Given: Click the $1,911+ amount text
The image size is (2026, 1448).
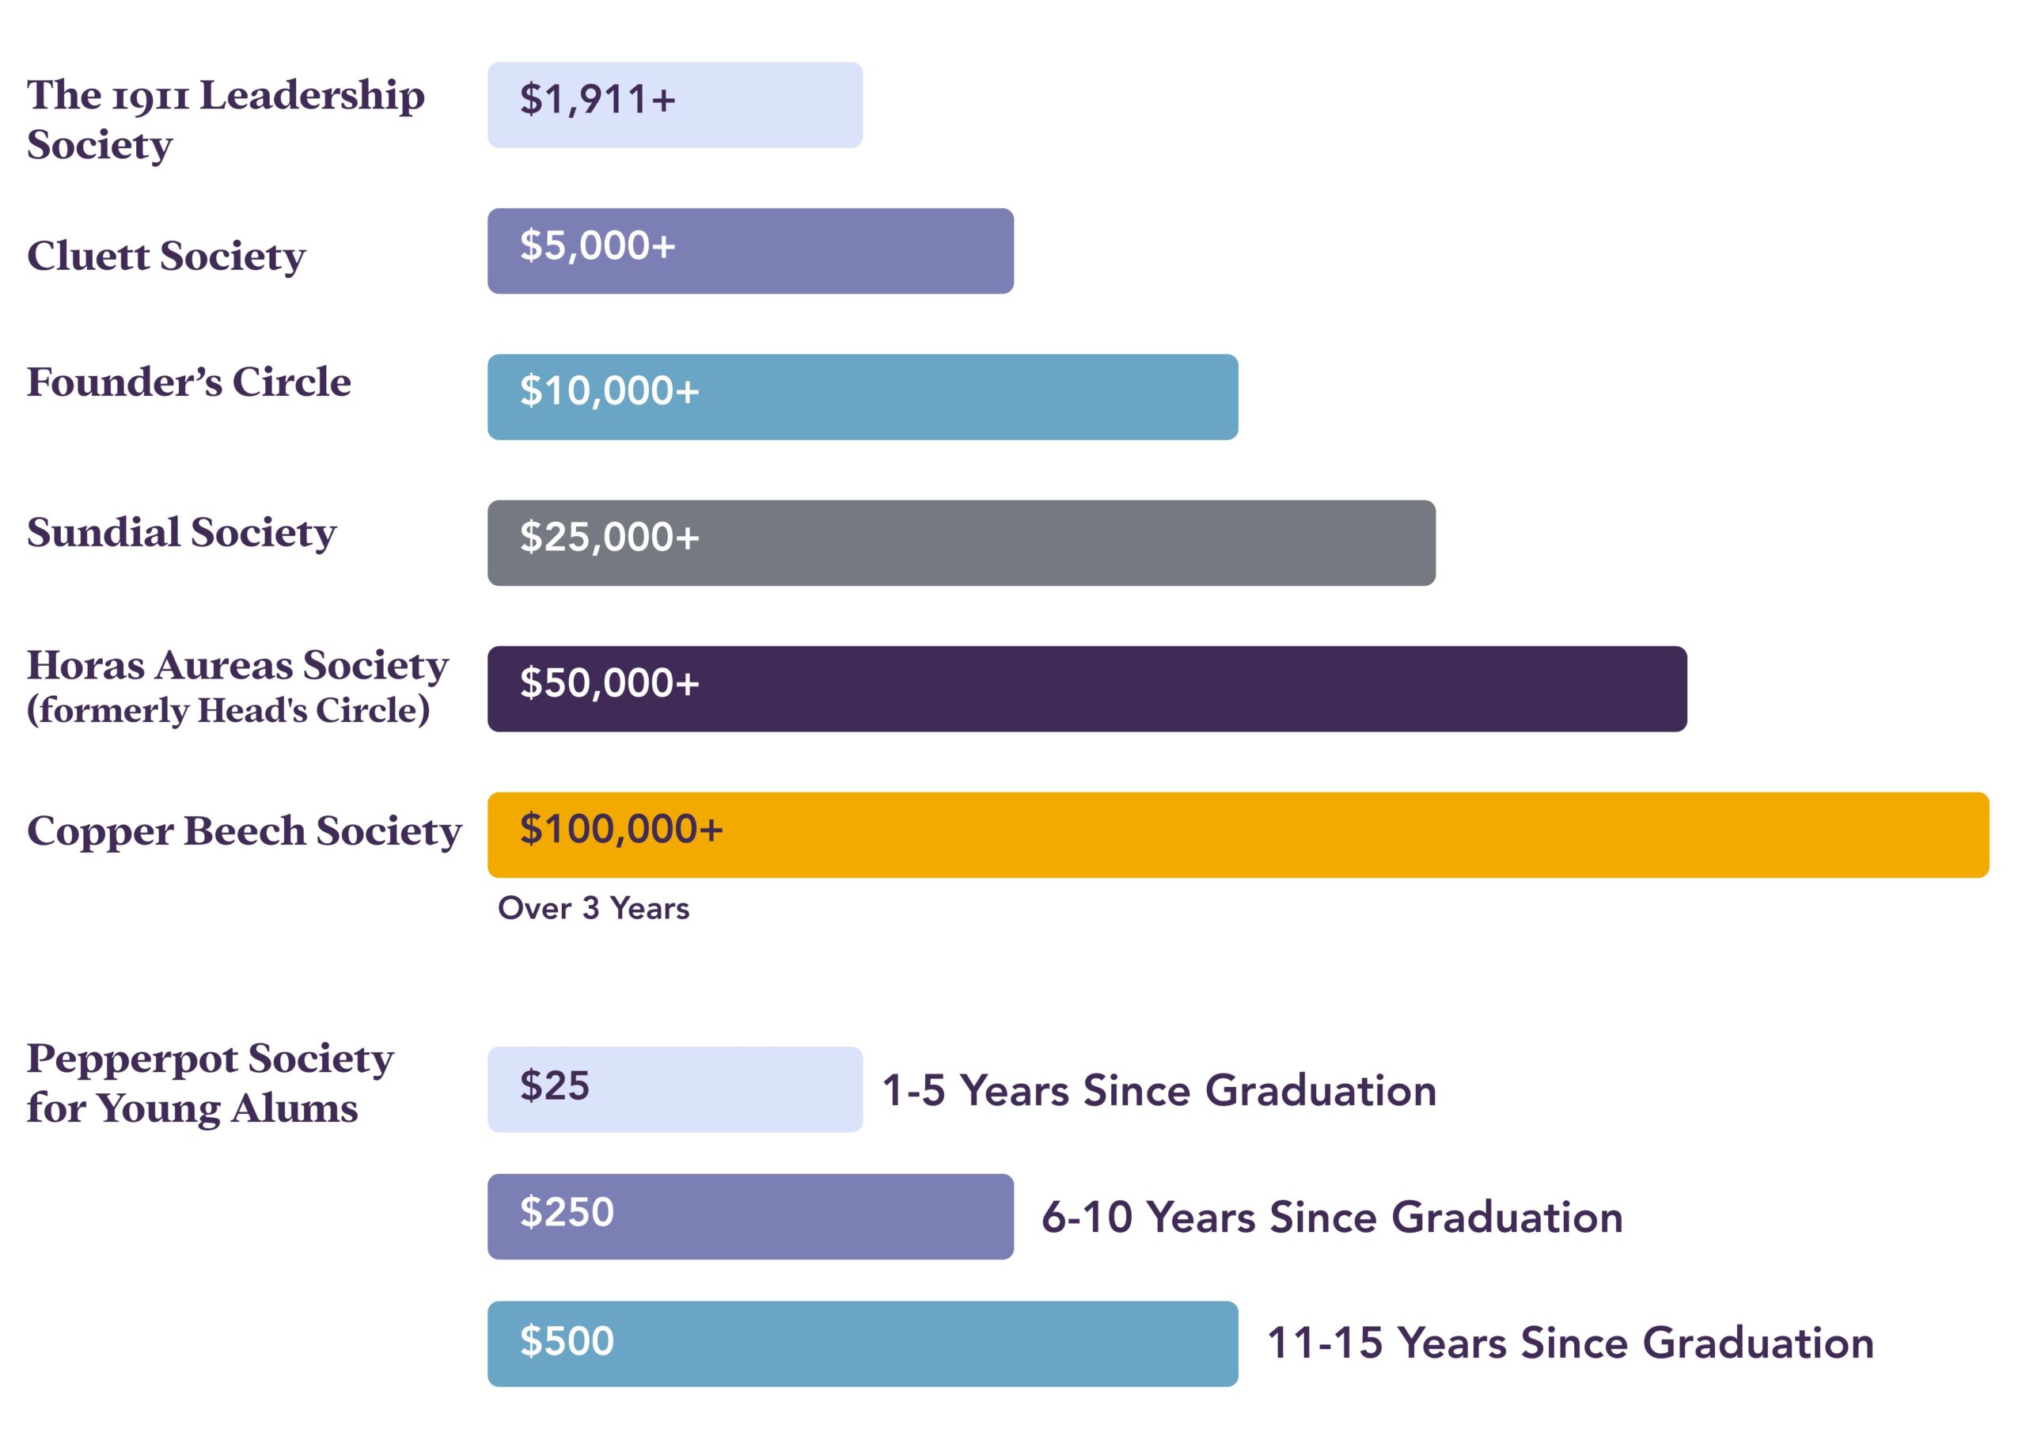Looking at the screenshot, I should coord(598,99).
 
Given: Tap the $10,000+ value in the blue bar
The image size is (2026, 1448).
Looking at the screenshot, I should coord(609,391).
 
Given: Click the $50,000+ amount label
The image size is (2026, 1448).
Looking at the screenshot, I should coord(609,683).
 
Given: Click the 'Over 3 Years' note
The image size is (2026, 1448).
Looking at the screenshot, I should coord(593,908).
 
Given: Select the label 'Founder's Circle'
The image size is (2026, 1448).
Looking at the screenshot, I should coord(189,382).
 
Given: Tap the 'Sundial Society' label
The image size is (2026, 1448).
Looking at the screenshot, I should coord(182,533).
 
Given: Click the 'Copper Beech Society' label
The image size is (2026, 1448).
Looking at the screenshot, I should coord(245,831).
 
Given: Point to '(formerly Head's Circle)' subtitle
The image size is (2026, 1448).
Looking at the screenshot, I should coord(228,711).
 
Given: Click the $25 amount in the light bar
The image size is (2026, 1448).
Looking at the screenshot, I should coord(555,1086).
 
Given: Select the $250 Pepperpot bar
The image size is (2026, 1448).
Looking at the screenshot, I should coord(750,1216).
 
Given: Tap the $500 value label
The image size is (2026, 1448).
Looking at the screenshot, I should coord(567,1341).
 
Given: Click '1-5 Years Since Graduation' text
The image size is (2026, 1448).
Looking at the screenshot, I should coord(1159,1090).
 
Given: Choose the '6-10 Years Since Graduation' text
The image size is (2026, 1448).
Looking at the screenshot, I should coord(1332,1217).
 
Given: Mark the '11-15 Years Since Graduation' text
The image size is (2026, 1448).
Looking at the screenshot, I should coord(1569,1343).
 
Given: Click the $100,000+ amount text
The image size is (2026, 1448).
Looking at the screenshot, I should coord(621,829).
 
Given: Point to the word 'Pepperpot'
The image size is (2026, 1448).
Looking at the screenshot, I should coord(133,1059).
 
